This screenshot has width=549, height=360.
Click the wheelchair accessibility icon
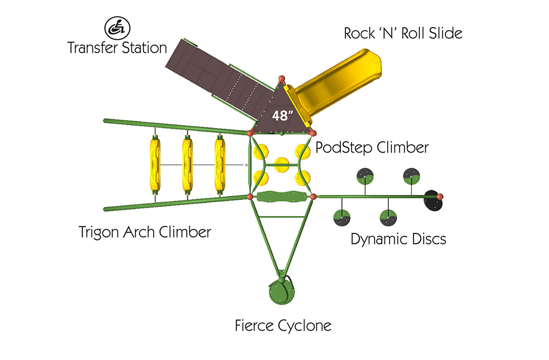(118, 28)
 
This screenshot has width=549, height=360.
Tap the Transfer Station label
(117, 48)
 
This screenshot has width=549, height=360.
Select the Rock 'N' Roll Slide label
(403, 34)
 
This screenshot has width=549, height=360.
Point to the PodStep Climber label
(372, 147)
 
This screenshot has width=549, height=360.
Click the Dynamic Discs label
(398, 239)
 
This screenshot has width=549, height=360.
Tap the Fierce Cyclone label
(283, 326)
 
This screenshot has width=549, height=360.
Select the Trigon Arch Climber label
(145, 232)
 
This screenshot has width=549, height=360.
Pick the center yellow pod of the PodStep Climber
(282, 165)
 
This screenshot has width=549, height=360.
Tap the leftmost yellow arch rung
(155, 165)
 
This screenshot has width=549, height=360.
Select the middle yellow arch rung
(187, 165)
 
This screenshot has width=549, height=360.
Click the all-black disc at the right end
(433, 201)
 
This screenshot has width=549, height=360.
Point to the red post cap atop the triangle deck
(282, 79)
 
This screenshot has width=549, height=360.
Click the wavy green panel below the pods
(282, 197)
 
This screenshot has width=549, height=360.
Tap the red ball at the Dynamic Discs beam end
(440, 197)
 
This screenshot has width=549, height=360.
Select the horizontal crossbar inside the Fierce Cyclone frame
(282, 217)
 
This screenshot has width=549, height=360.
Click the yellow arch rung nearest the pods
(220, 165)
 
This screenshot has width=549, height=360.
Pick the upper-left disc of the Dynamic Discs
(365, 176)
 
